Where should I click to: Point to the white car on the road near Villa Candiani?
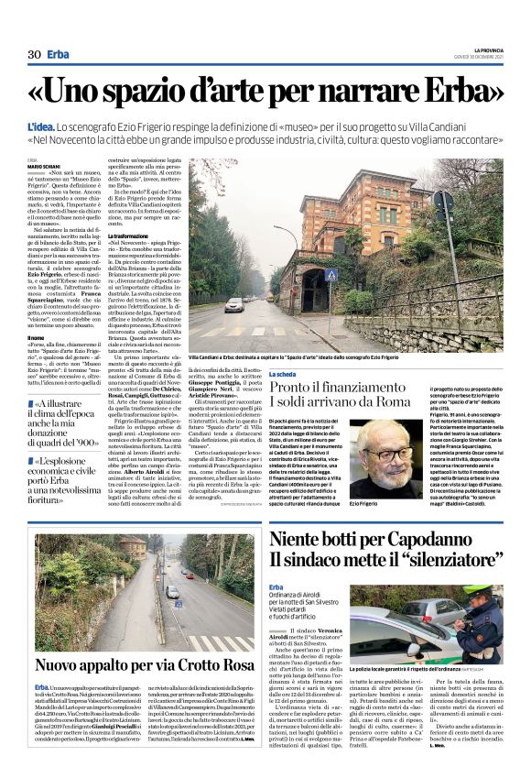(234, 303)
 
